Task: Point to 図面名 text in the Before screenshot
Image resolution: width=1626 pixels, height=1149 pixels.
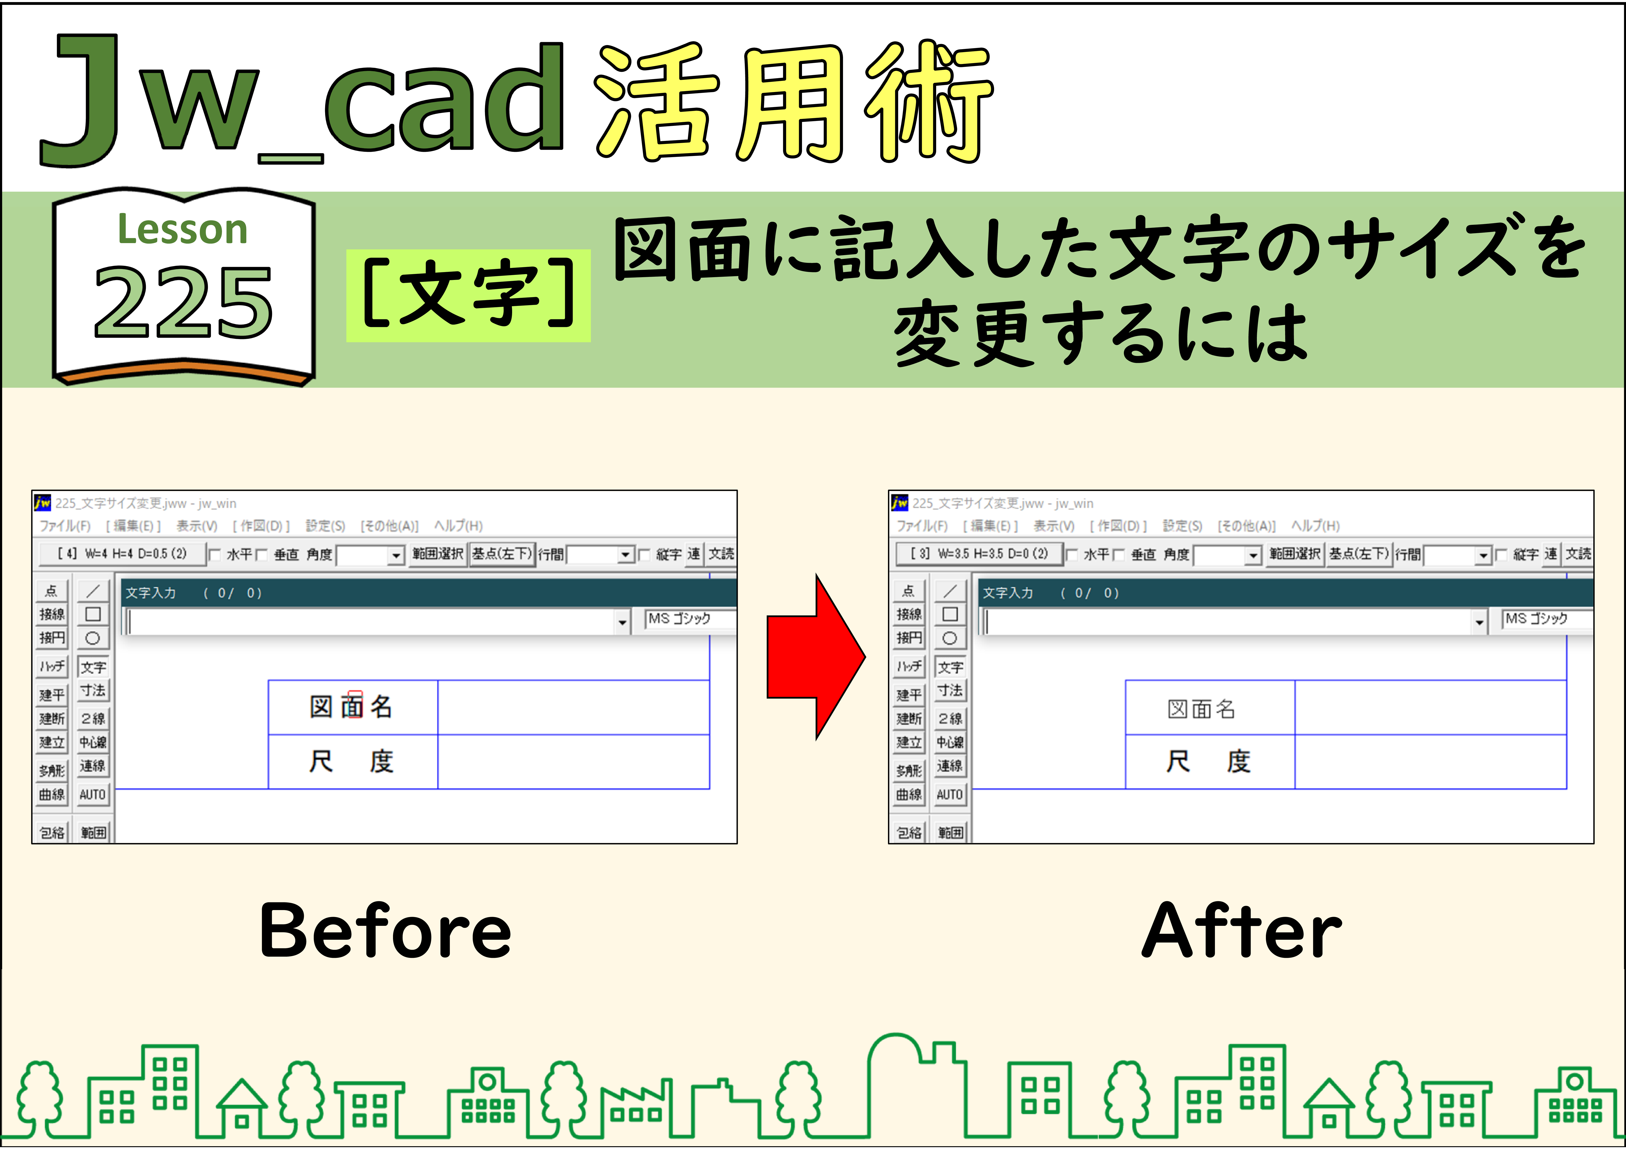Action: click(351, 706)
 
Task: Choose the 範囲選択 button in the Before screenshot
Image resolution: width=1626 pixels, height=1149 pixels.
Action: click(438, 554)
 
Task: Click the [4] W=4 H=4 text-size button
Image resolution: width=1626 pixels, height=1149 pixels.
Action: click(123, 554)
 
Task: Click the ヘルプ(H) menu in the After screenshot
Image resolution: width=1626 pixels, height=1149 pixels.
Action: click(1315, 526)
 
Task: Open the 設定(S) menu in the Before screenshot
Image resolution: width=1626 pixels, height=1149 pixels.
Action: click(325, 526)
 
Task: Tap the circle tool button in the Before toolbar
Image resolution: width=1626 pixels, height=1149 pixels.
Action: click(93, 638)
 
